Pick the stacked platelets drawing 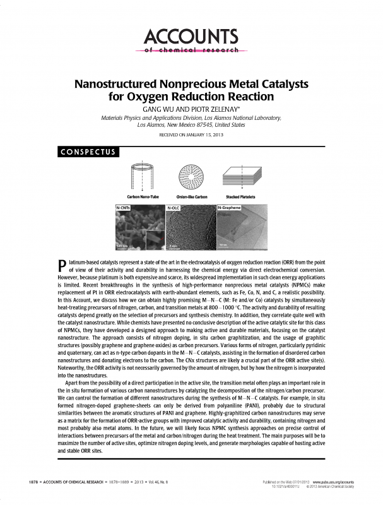242,177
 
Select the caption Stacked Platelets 242,198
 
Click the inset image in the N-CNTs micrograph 153,241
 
